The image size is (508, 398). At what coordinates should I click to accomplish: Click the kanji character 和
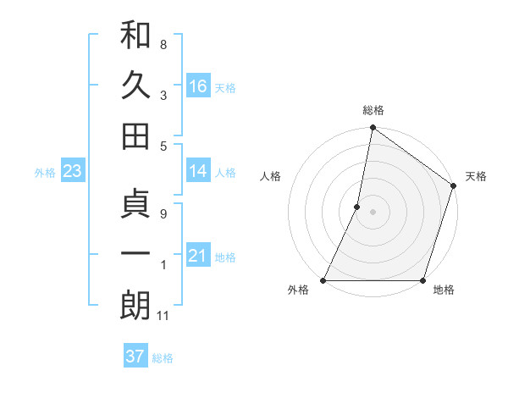click(136, 36)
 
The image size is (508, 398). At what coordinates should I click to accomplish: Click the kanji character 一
click(136, 255)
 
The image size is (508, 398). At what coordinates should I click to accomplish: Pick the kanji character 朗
click(136, 306)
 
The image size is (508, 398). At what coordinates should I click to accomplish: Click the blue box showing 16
click(198, 86)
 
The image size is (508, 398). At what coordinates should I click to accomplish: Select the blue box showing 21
click(198, 256)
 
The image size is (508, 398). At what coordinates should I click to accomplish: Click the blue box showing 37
click(135, 357)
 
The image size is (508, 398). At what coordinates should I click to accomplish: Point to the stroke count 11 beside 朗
click(164, 316)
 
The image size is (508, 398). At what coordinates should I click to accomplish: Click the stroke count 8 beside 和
click(163, 44)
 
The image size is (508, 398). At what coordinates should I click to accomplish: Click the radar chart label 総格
click(373, 110)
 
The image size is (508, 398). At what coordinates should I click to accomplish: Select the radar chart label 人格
click(270, 177)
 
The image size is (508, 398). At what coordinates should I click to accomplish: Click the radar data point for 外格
click(323, 280)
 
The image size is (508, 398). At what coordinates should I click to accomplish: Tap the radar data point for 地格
click(422, 280)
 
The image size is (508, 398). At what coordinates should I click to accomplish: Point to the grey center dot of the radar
click(373, 212)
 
